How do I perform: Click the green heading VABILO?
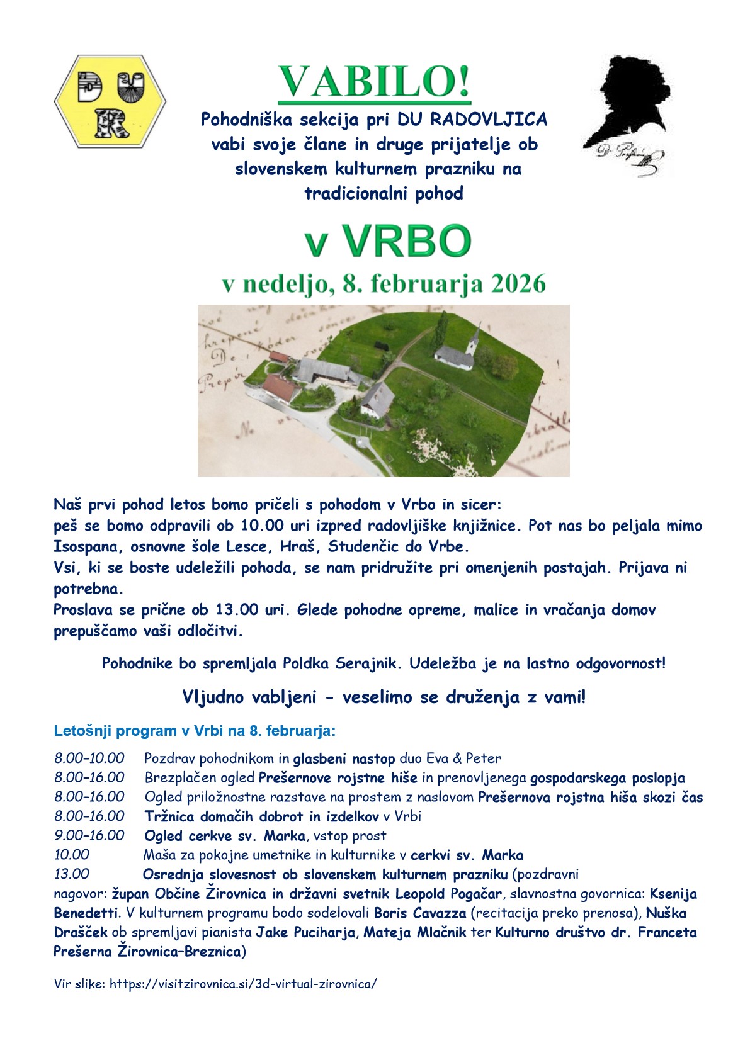pyautogui.click(x=375, y=82)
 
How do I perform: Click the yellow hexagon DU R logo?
pyautogui.click(x=110, y=101)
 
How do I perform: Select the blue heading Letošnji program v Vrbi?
pyautogui.click(x=195, y=731)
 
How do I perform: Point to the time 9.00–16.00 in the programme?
pyautogui.click(x=89, y=836)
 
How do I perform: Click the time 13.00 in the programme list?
pyautogui.click(x=72, y=874)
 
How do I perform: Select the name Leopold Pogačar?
pyautogui.click(x=448, y=894)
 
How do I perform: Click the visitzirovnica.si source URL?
pyautogui.click(x=243, y=984)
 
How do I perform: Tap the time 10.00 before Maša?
pyautogui.click(x=72, y=855)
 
